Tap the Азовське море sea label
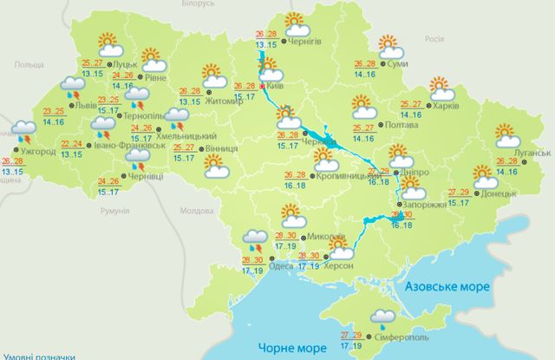coord(443,285)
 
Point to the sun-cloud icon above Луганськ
coord(506,135)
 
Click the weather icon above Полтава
coord(364,108)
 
